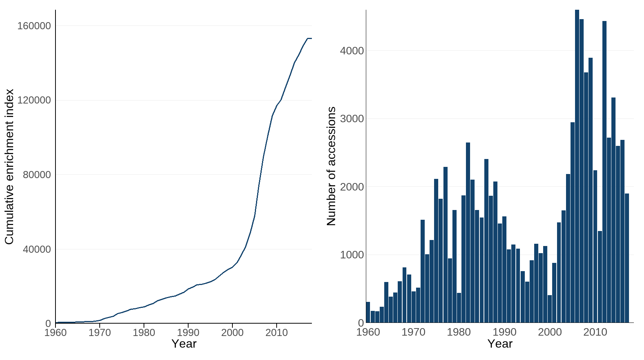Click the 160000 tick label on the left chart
pos(34,26)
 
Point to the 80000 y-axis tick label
pos(36,175)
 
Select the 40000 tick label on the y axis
pos(36,249)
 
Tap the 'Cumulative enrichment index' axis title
pos(9,166)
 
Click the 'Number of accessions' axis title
pos(331,166)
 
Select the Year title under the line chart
pos(184,343)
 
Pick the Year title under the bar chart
pos(500,343)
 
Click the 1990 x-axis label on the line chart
pos(188,333)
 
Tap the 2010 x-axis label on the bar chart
pos(595,332)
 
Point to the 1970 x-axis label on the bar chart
pos(413,332)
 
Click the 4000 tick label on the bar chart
pos(352,51)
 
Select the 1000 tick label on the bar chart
pos(352,255)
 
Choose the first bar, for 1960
pos(368,312)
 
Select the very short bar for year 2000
pos(550,309)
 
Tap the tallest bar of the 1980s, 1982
pos(468,232)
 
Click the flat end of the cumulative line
pos(310,38)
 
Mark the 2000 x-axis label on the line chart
pos(232,333)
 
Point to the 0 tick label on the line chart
pos(48,323)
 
